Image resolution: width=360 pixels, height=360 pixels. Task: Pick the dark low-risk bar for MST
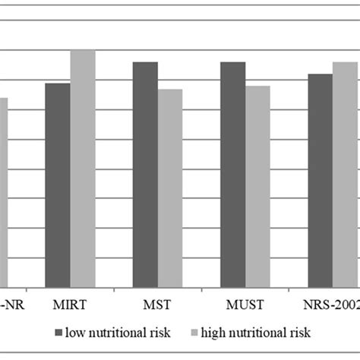(x=145, y=174)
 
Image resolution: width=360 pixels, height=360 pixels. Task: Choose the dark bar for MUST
(x=233, y=174)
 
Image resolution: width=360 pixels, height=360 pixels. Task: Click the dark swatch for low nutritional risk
(x=58, y=333)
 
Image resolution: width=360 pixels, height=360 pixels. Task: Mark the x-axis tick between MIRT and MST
(x=114, y=289)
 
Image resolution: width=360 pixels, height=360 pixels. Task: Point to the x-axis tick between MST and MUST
(x=201, y=289)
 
